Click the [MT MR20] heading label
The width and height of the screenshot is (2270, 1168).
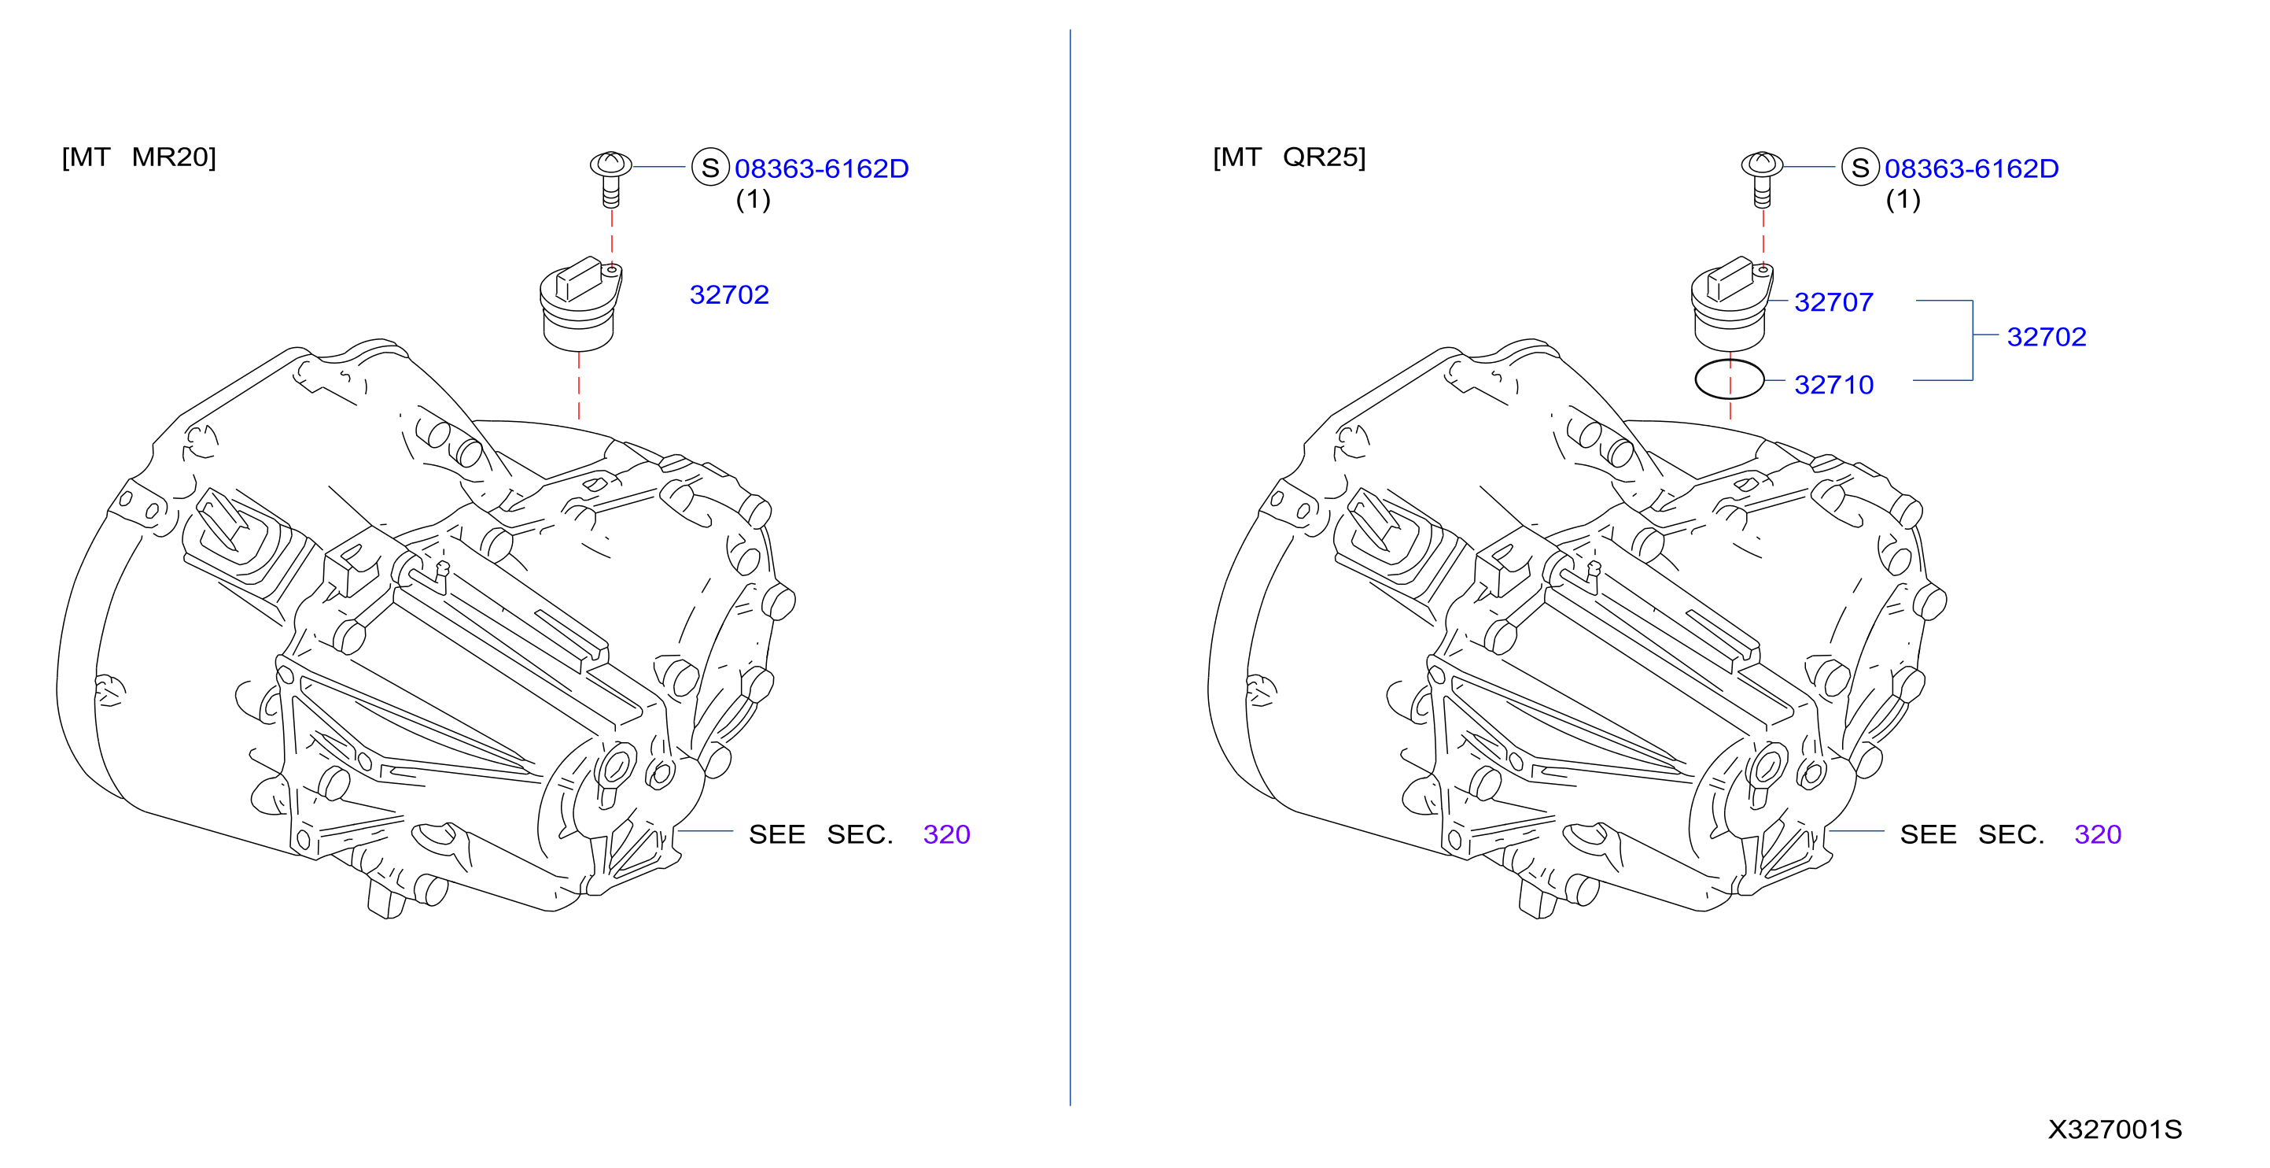pyautogui.click(x=139, y=157)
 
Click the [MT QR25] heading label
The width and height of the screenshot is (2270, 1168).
pyautogui.click(x=1289, y=157)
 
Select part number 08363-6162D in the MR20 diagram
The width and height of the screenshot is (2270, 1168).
pyautogui.click(x=821, y=168)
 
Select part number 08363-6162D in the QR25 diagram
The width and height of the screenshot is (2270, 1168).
pyautogui.click(x=1971, y=168)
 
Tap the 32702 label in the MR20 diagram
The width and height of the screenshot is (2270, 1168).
pyautogui.click(x=729, y=294)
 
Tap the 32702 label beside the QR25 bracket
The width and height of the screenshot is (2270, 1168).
pyautogui.click(x=2046, y=337)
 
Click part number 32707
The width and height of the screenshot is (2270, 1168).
pyautogui.click(x=1833, y=302)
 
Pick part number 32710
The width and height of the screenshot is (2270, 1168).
pyautogui.click(x=1833, y=384)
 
